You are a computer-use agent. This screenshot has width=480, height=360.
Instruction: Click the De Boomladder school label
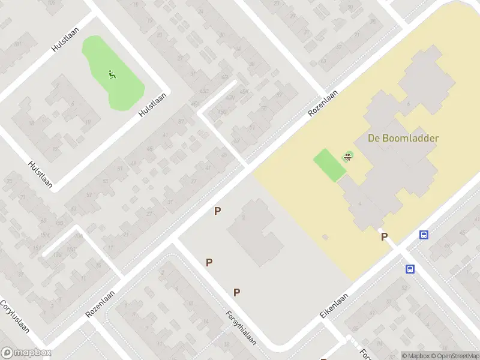point(403,138)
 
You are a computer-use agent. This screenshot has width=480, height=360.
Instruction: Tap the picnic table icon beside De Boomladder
point(347,157)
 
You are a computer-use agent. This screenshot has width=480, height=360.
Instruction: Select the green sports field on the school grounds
point(329,164)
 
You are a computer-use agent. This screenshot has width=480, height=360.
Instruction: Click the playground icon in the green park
point(112,74)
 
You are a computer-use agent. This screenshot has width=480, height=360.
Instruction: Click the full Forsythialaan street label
point(241,328)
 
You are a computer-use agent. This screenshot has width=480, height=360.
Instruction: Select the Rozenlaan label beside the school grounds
point(323,103)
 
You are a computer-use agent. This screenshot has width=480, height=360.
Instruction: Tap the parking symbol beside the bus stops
point(384,237)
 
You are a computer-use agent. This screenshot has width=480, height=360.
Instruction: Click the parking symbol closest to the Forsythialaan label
point(237,292)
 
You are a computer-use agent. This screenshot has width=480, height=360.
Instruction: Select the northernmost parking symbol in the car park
point(218,211)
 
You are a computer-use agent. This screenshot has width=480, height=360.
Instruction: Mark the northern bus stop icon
point(424,235)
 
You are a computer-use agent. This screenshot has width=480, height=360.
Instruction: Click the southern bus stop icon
point(410,269)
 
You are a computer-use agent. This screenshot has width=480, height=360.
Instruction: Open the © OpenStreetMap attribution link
point(455,356)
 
